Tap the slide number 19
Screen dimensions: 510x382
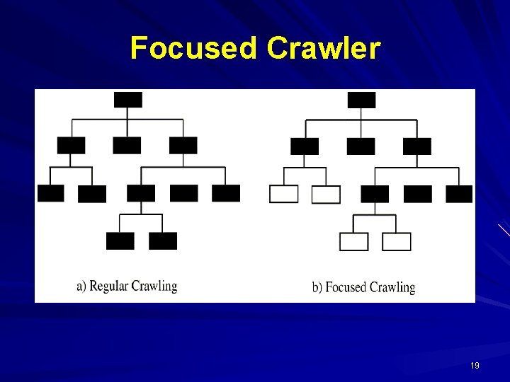coord(475,366)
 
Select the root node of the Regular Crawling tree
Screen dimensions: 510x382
coord(127,100)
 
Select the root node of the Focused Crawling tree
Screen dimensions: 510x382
coord(361,100)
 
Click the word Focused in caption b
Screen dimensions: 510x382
coord(346,287)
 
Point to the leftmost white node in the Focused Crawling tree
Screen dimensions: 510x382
coord(283,194)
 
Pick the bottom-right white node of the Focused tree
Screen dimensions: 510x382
coord(397,241)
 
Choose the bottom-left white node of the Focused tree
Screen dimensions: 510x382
coord(354,241)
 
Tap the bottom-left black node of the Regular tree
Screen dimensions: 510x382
coord(120,241)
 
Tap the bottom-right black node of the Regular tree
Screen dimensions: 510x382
coord(163,241)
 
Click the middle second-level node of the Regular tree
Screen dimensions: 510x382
coord(127,145)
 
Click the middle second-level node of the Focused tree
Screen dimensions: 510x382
coord(361,146)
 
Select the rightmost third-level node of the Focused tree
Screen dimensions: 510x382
coord(459,194)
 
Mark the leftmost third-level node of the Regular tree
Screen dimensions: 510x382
coord(50,193)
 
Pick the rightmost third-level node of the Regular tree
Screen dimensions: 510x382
coord(226,193)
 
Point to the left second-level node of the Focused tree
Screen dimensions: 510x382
coord(305,146)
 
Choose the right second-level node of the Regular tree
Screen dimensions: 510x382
coord(183,145)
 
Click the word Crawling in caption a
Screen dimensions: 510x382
coord(156,286)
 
